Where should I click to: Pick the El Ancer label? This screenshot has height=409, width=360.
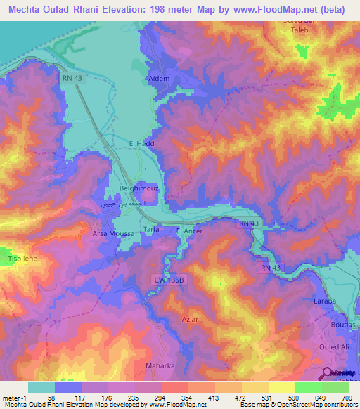[188, 230]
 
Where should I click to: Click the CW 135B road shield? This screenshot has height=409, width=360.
[169, 279]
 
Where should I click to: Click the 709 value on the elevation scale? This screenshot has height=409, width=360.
[345, 398]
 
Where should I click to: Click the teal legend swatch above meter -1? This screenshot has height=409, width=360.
[41, 387]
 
